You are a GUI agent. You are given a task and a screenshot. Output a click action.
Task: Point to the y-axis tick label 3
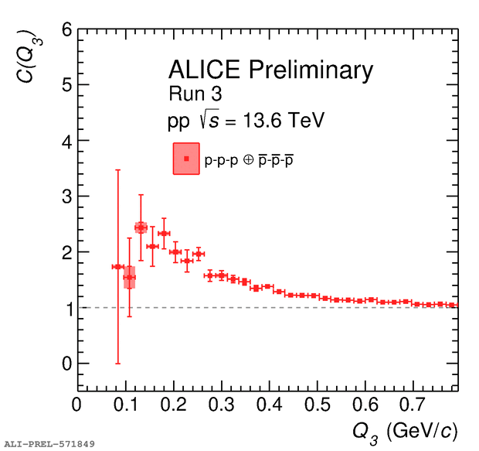point(66,196)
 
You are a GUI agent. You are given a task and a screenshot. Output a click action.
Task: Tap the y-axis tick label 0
point(66,364)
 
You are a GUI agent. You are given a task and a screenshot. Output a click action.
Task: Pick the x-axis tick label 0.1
point(125,405)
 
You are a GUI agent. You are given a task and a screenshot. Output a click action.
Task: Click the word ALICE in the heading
point(204,70)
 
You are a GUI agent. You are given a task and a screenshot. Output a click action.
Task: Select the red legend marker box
point(186,159)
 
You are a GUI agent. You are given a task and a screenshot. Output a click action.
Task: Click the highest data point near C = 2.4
point(141,227)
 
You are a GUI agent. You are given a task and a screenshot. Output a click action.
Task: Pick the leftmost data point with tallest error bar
point(117,267)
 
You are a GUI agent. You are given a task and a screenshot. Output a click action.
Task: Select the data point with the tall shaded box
point(129,277)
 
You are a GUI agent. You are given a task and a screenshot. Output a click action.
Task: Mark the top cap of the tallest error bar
point(117,169)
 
